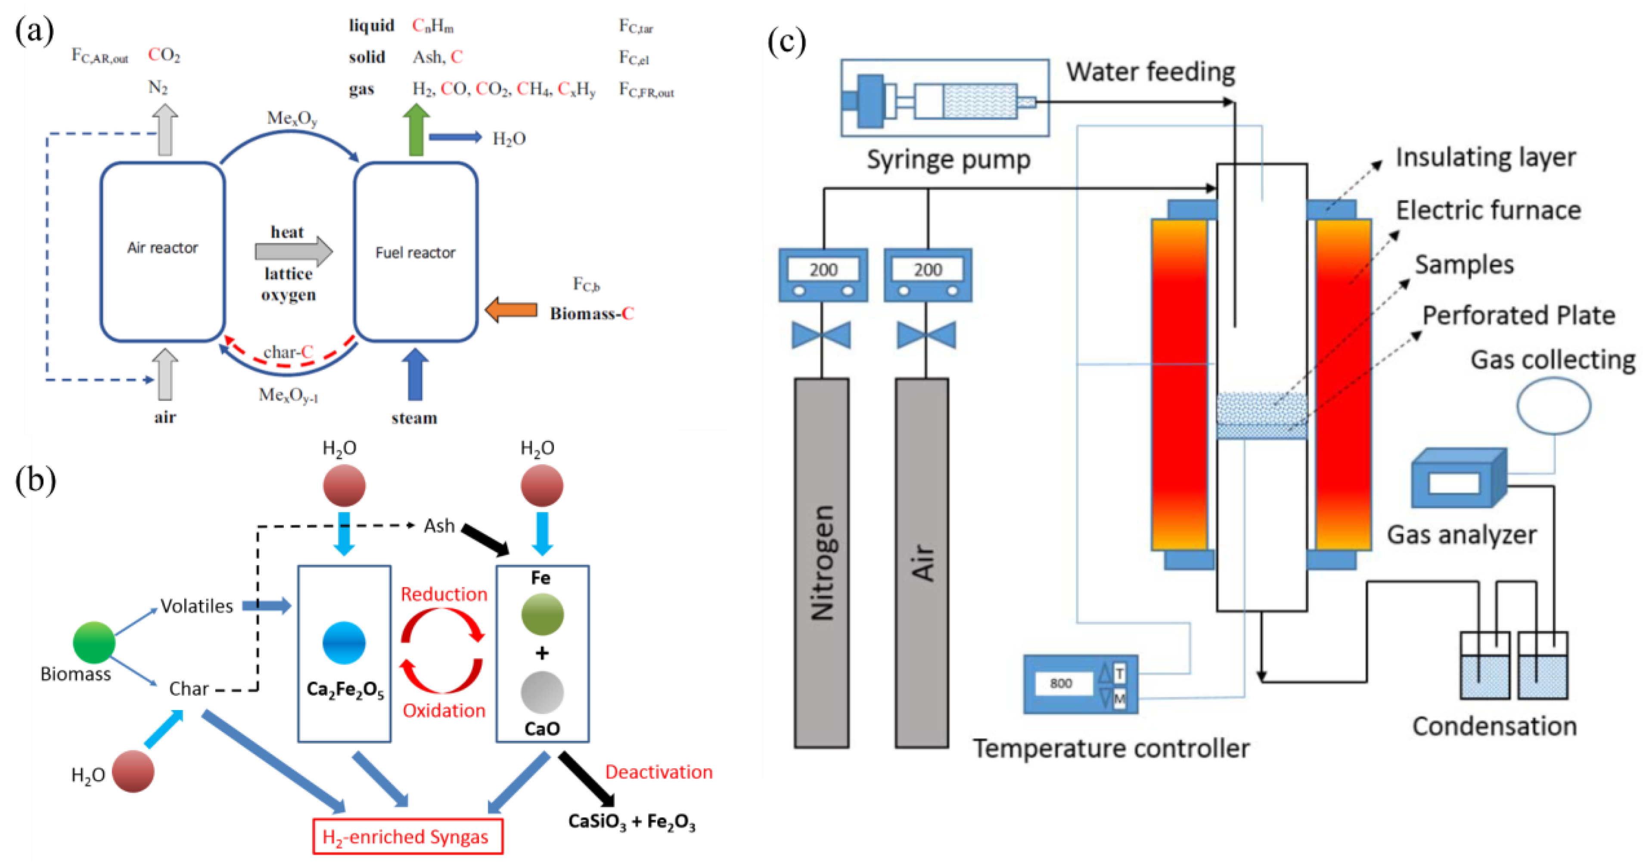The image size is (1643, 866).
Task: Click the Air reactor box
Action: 163,252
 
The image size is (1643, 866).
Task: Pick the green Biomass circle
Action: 94,642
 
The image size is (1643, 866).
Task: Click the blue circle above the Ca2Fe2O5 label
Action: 344,642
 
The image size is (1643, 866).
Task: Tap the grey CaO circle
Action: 542,692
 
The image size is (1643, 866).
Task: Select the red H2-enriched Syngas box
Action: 407,836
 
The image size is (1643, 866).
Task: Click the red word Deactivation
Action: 658,772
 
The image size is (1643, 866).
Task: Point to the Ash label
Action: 439,525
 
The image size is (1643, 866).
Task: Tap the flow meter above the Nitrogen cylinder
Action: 823,275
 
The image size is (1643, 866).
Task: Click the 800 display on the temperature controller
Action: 1061,683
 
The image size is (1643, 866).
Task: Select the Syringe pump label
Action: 948,159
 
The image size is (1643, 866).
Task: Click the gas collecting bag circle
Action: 1553,406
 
